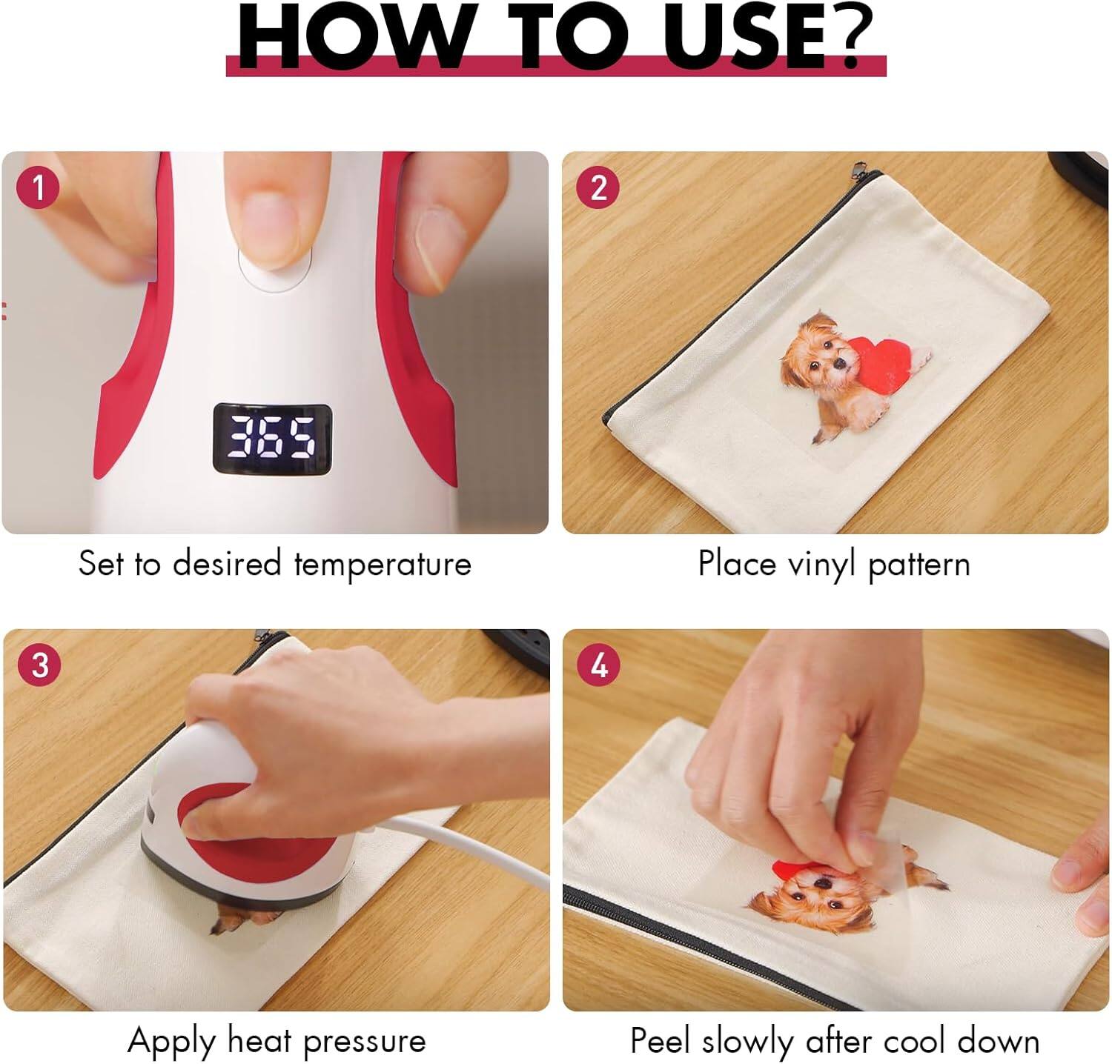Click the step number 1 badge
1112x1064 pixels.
[38, 188]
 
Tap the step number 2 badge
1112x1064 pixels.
[598, 188]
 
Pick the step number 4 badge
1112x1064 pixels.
[598, 665]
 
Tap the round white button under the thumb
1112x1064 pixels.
[274, 268]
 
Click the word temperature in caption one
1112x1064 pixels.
[383, 564]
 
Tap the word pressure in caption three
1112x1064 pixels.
[365, 1040]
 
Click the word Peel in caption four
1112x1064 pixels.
[662, 1040]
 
